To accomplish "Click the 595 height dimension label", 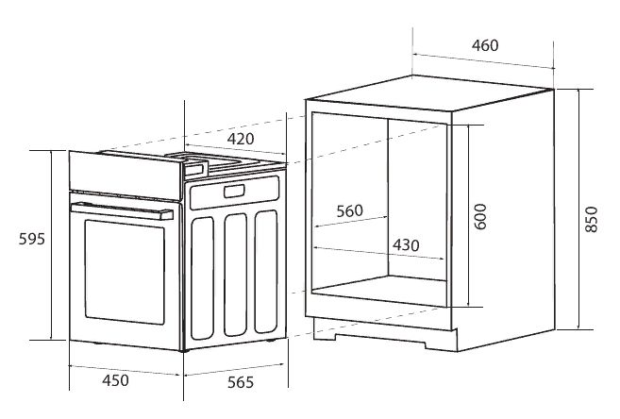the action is [x=32, y=239].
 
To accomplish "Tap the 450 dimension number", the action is [x=115, y=380].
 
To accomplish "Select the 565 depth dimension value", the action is [x=241, y=382].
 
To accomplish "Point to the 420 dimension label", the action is [x=241, y=139].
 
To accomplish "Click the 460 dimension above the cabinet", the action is [x=485, y=45].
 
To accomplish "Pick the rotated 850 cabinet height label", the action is [x=591, y=219].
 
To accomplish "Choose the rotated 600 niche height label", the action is [x=480, y=217].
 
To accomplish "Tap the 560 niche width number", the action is [x=349, y=211].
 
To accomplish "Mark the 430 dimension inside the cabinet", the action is [x=406, y=245].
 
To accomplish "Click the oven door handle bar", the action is [x=122, y=211].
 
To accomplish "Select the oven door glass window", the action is [x=125, y=272].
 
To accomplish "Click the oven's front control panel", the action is [x=125, y=176].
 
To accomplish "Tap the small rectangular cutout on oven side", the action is [x=234, y=192].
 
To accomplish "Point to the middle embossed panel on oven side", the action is [x=235, y=275].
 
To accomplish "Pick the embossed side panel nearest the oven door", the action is [x=202, y=277].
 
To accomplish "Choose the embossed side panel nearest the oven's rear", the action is [x=266, y=272].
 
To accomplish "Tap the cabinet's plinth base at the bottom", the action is [x=386, y=335].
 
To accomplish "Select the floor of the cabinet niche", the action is [x=378, y=291].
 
